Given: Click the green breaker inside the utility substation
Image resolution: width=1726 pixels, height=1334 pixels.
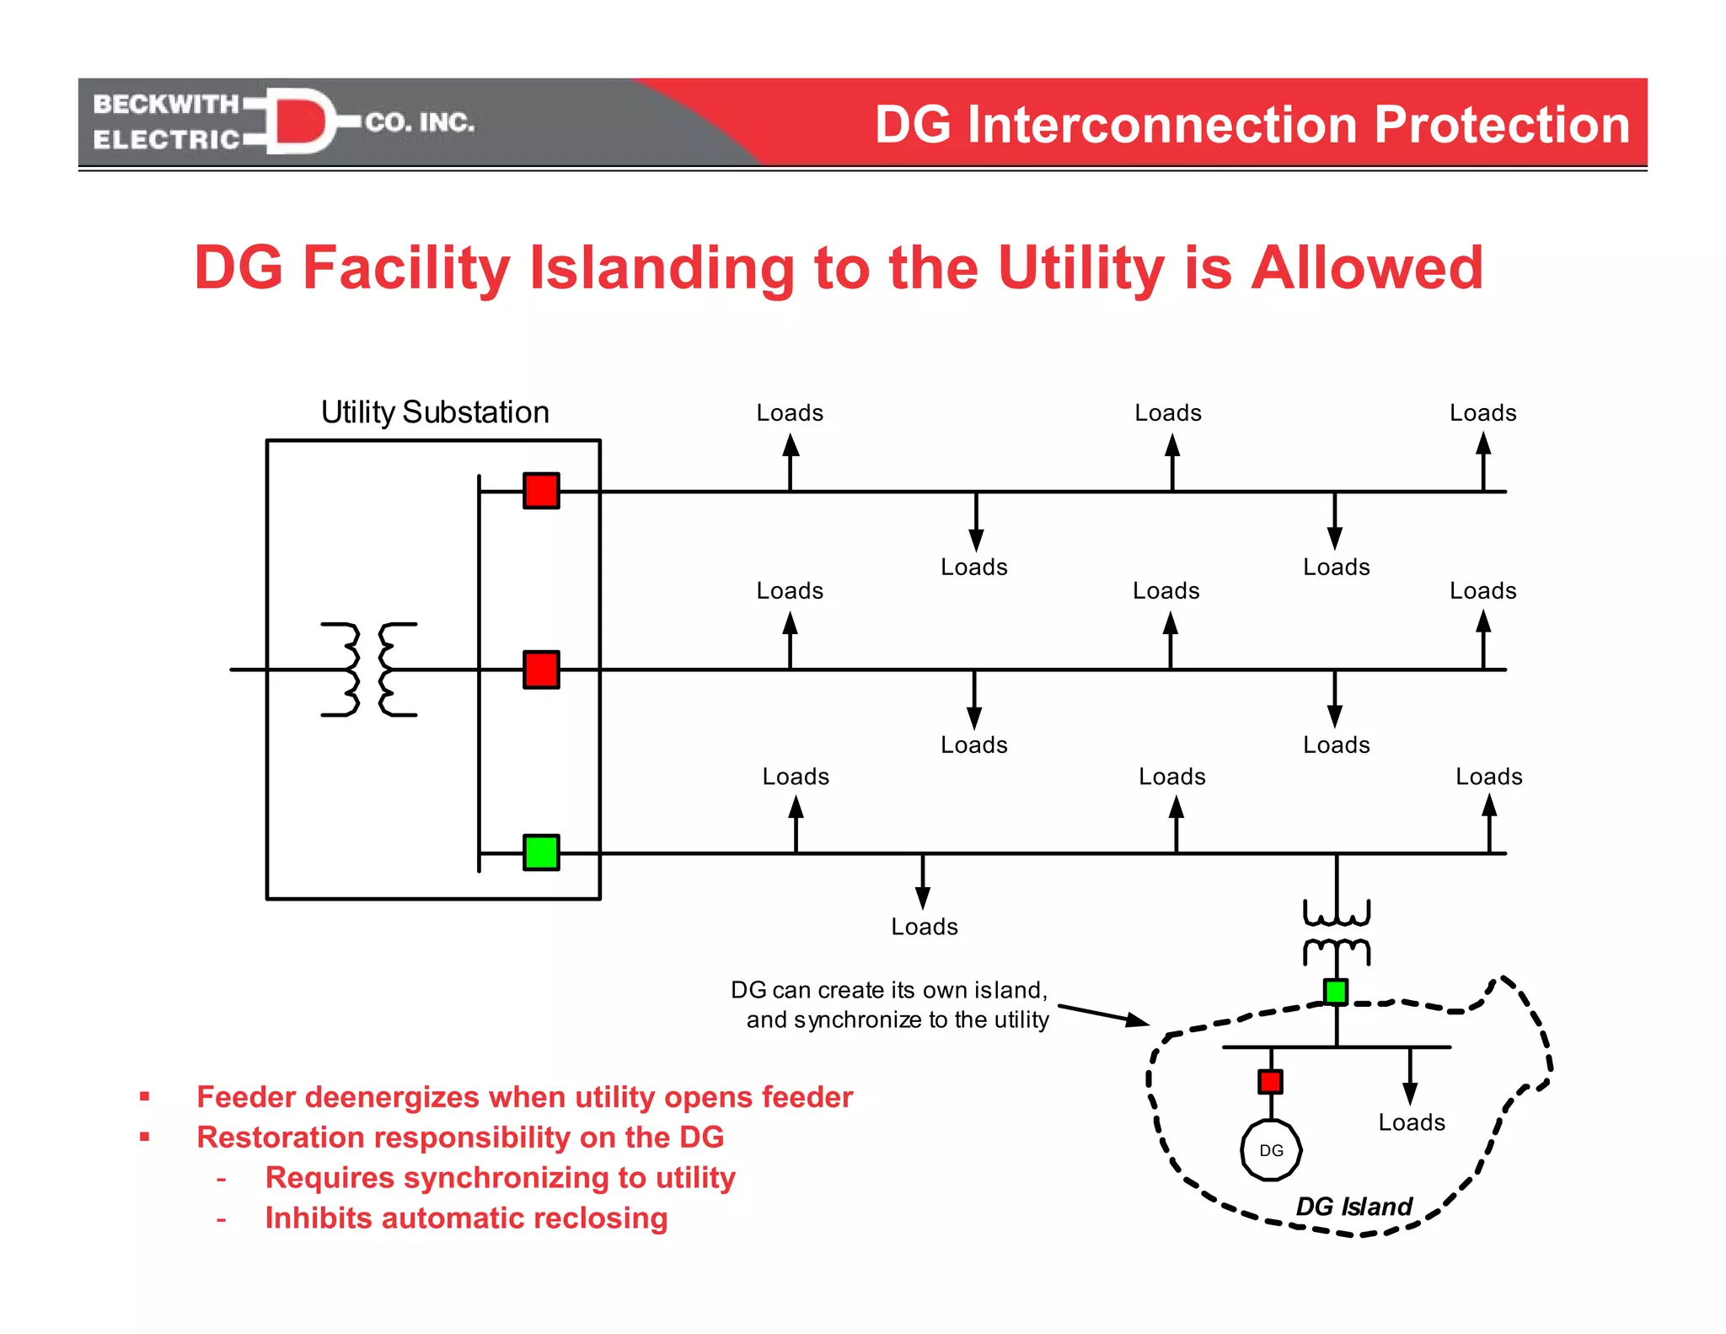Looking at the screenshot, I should (x=541, y=852).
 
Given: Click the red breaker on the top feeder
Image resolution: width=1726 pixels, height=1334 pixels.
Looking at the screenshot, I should (x=541, y=491).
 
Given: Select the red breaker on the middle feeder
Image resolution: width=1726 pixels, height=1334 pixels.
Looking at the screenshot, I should (x=541, y=670).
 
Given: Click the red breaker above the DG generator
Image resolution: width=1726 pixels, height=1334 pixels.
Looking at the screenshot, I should (x=1270, y=1081).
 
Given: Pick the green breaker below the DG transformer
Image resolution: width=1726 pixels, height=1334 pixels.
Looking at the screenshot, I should (x=1336, y=992).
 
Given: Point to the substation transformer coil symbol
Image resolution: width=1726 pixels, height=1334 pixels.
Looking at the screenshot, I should (x=369, y=670).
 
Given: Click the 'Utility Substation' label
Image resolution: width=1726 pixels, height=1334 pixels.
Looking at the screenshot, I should (x=435, y=412).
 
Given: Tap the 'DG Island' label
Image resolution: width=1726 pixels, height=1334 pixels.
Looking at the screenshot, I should (x=1353, y=1207).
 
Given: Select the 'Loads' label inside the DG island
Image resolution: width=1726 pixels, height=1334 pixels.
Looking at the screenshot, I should (x=1412, y=1122).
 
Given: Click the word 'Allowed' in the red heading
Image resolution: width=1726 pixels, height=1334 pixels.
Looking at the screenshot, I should (x=1366, y=268).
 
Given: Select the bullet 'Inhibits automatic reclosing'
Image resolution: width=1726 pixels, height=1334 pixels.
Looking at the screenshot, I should (x=466, y=1218).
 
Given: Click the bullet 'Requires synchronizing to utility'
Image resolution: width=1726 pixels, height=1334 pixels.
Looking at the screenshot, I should (x=500, y=1178).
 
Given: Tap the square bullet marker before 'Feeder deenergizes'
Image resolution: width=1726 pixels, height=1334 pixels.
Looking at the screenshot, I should (x=145, y=1097).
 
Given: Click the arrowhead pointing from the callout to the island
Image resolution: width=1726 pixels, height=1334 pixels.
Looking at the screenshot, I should (x=1138, y=1021).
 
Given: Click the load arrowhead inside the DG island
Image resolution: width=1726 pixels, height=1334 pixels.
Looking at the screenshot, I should (x=1410, y=1094).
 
